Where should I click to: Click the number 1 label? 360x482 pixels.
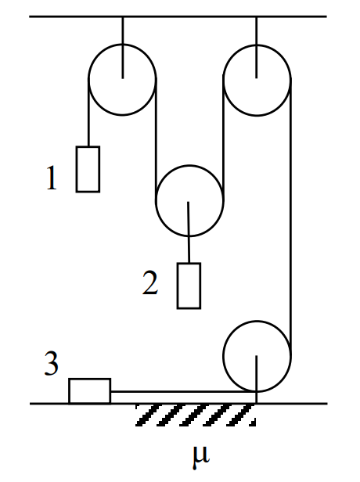pos(52,178)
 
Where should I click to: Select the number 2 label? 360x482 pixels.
pos(150,282)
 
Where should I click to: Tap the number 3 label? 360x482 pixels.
pos(52,363)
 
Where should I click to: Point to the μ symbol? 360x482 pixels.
pos(201,458)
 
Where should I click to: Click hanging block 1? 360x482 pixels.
pos(88,169)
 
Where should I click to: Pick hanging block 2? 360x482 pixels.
pos(189,286)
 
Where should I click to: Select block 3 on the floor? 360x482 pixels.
pos(90,391)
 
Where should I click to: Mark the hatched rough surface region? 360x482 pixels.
pos(196,415)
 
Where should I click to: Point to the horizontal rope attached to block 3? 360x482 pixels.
pos(184,391)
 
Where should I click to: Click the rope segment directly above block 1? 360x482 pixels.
pos(89,113)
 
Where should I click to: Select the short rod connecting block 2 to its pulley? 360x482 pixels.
pos(189,232)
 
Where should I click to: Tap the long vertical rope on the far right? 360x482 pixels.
pos(290,218)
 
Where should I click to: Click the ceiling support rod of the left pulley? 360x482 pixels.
pos(123,47)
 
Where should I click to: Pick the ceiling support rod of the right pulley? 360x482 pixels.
pos(257,47)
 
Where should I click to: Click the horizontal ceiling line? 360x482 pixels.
pos(178,16)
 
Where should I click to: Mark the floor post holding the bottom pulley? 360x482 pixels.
pos(257,379)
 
